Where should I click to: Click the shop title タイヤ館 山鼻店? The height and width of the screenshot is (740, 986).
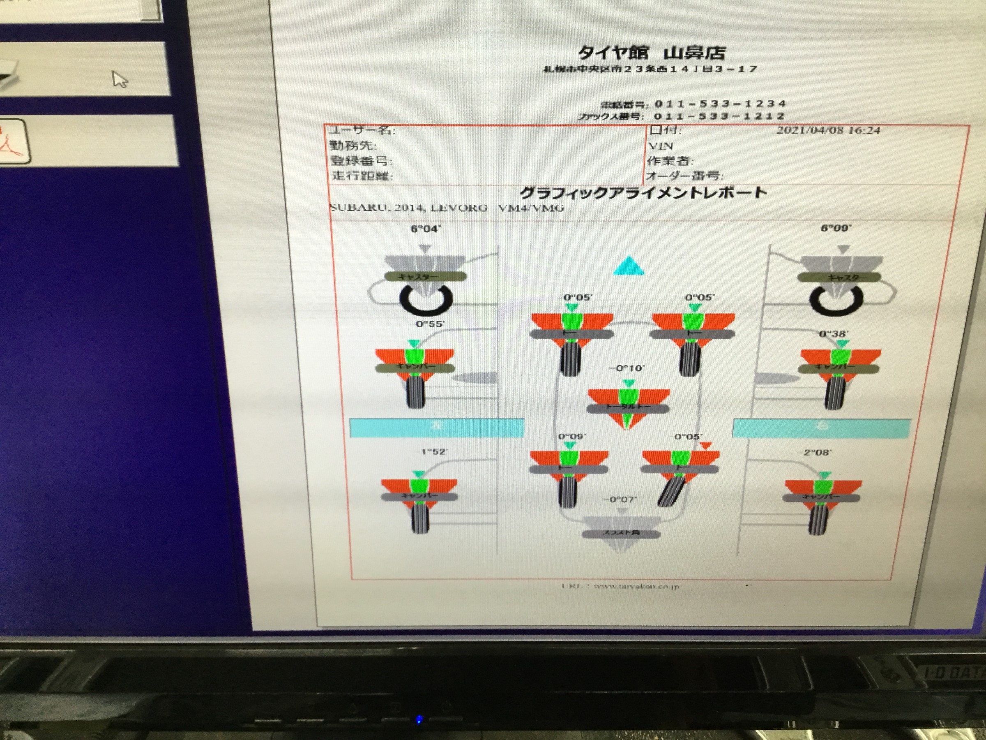[651, 53]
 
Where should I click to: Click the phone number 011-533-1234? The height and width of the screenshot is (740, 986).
[719, 104]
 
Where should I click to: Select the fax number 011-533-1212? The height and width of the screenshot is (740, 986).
[719, 116]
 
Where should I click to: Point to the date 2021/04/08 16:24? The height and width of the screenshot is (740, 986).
[828, 130]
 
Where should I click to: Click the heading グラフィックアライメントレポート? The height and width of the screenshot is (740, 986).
[643, 193]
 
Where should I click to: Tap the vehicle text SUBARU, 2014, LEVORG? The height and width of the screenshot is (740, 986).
[408, 208]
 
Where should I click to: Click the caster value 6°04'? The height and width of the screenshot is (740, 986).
[425, 229]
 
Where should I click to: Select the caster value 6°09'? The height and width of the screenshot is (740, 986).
[836, 228]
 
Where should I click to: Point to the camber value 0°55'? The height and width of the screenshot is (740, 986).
[429, 324]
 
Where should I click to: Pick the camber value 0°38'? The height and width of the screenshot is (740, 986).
[834, 334]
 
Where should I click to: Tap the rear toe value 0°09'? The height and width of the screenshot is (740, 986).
[572, 436]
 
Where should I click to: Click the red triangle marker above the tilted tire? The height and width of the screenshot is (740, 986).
[706, 445]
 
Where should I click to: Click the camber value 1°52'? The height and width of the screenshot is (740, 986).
[434, 452]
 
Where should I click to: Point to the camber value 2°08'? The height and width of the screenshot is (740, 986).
[817, 452]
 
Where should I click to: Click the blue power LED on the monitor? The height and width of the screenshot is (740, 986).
[419, 719]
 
